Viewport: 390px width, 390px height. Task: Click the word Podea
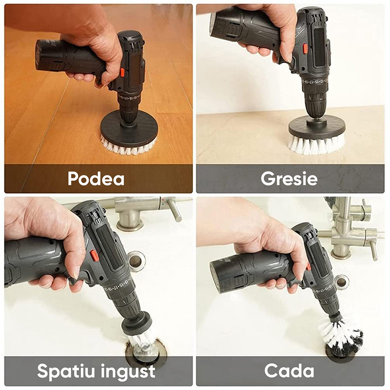tap(96, 178)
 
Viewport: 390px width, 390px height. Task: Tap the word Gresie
tap(289, 178)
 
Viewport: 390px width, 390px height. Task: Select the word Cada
tap(289, 370)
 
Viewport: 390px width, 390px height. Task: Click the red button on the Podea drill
tap(122, 73)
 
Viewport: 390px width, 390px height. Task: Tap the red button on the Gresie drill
tap(305, 48)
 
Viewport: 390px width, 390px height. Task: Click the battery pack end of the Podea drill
tap(41, 55)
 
